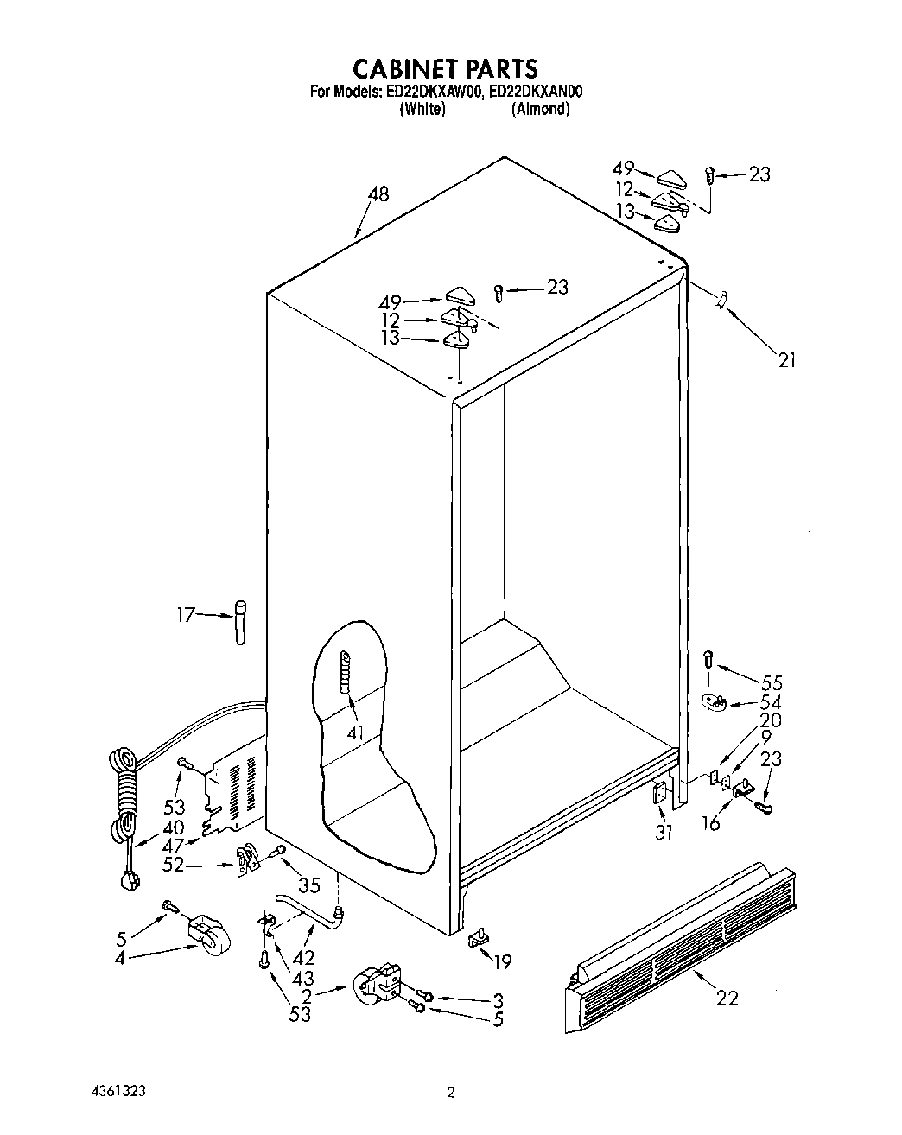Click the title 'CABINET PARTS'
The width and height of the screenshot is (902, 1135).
coord(445,68)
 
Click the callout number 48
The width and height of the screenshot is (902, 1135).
coord(378,194)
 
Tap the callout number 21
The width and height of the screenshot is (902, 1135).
coord(786,360)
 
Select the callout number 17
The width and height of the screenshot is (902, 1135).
coord(186,615)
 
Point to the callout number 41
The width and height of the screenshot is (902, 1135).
coord(354,733)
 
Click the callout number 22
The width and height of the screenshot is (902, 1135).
coord(727,998)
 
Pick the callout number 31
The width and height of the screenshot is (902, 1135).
coord(663,833)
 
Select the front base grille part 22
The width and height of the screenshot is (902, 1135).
coord(683,937)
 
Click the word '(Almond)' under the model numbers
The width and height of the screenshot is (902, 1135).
coord(540,110)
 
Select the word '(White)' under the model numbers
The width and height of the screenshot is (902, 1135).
coord(422,110)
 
